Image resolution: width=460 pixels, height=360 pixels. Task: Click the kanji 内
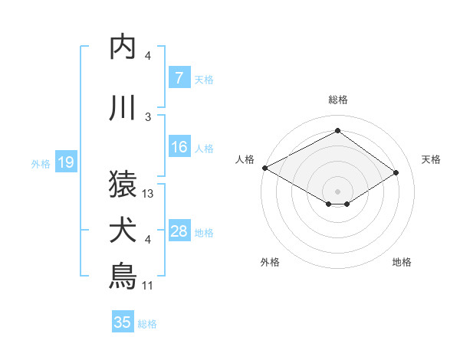123,47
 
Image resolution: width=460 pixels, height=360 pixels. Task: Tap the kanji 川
123,108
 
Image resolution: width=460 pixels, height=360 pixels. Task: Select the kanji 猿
123,184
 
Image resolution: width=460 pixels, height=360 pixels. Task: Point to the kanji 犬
123,231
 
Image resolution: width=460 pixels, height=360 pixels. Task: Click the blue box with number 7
179,77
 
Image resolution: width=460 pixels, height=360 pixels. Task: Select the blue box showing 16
179,148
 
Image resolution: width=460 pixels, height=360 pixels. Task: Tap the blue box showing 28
179,232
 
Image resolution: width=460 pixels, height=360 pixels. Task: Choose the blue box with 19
65,162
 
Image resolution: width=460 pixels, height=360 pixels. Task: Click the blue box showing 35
123,322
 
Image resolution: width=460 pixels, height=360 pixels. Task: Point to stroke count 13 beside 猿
149,194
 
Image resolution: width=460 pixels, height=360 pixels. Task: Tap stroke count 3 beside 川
148,117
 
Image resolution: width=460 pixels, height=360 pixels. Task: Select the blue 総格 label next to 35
147,324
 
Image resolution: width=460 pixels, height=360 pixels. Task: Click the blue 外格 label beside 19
41,163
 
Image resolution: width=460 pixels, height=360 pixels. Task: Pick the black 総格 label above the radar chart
337,100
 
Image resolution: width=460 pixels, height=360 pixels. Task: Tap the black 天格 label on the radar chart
432,159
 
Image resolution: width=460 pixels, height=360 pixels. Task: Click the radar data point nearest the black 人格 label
264,167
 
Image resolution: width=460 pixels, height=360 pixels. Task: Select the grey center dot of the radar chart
337,190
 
